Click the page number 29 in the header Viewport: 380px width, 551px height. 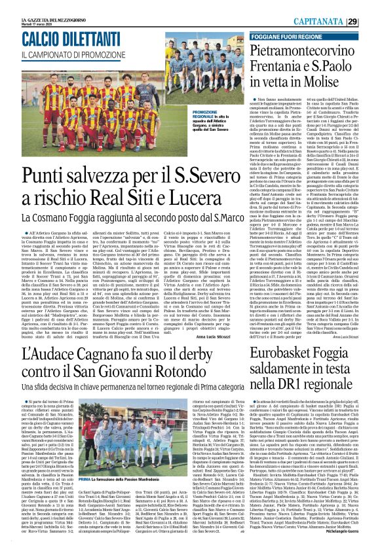coord(371,22)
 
